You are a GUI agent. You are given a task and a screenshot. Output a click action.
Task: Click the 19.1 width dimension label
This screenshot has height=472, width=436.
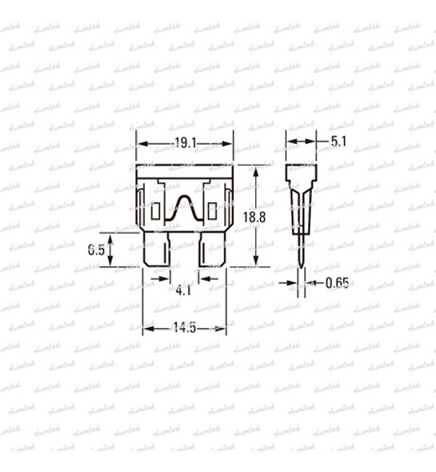(x=185, y=142)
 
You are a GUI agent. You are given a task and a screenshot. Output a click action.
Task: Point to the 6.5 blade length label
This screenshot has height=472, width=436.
(x=97, y=250)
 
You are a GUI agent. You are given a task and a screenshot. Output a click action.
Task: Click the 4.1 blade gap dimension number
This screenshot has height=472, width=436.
(x=183, y=290)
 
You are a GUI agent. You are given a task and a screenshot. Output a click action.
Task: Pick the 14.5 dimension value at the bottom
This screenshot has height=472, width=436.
(x=184, y=328)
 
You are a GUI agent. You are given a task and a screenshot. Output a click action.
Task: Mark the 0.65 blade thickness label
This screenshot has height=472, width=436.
(x=337, y=282)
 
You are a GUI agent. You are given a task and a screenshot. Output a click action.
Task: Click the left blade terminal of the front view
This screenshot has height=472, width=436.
(x=157, y=250)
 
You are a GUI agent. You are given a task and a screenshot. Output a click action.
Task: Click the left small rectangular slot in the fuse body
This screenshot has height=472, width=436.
(x=156, y=213)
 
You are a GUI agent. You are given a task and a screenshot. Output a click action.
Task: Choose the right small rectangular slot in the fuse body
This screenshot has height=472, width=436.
(x=212, y=213)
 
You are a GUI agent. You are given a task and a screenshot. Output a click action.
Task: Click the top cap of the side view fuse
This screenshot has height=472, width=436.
(x=301, y=174)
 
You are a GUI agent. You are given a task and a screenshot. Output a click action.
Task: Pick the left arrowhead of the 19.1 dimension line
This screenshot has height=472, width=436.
(x=142, y=142)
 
